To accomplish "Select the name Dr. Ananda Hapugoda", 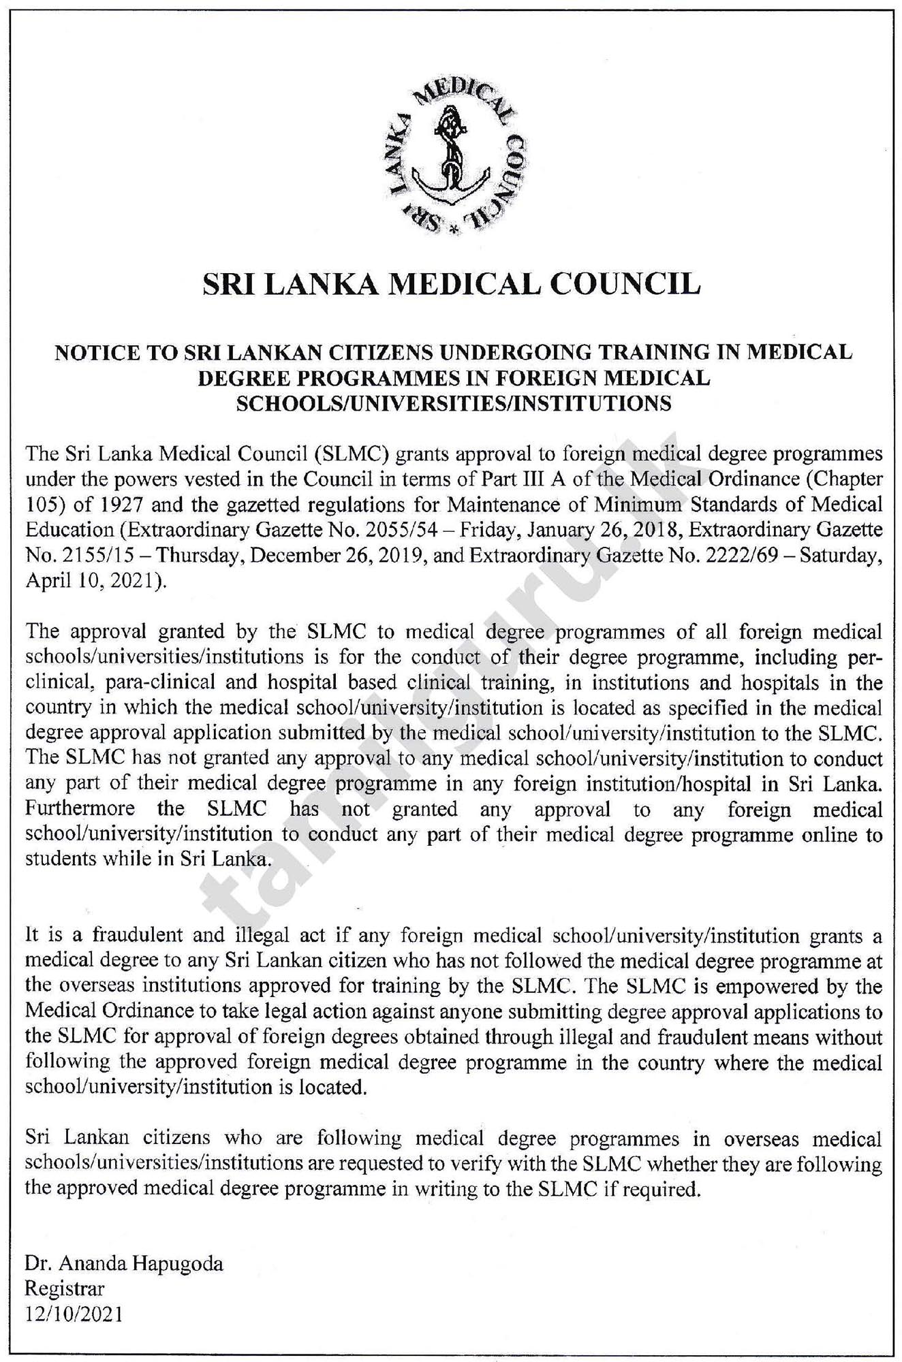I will point(124,1265).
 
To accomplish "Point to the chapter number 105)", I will point(43,504).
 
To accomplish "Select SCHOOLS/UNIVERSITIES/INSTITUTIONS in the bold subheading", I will point(453,404).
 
